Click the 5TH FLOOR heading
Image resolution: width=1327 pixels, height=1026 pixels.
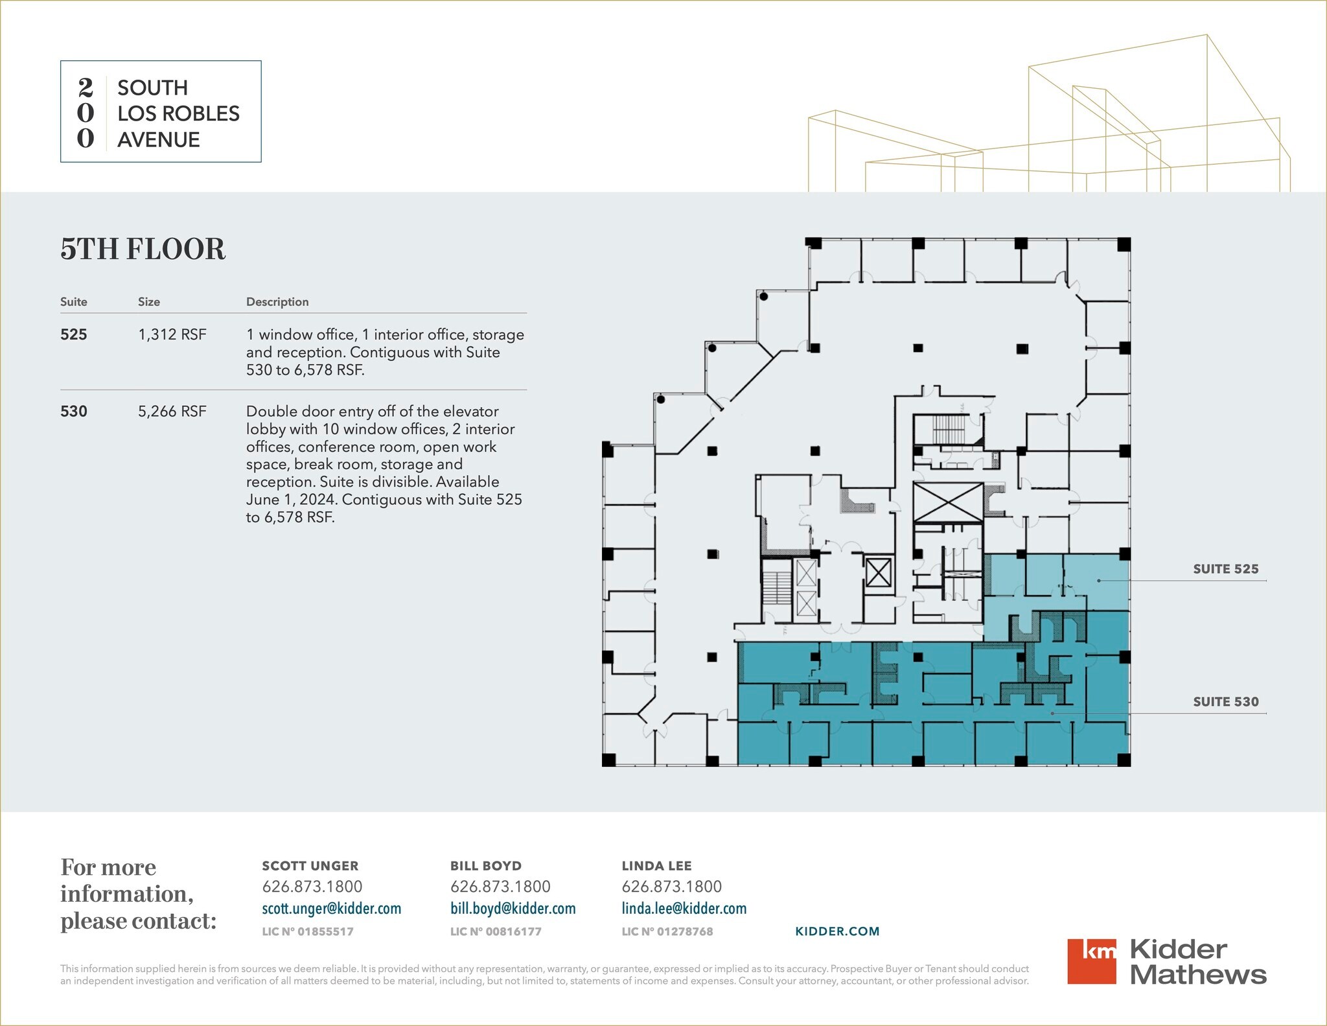coord(143,249)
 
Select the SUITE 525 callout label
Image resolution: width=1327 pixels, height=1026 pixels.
coord(1225,569)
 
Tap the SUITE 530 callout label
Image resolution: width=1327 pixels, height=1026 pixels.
coord(1225,701)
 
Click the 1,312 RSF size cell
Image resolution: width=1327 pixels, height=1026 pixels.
coord(172,334)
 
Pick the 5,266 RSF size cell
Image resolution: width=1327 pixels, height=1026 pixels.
coord(172,411)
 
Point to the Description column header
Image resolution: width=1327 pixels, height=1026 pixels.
coord(277,301)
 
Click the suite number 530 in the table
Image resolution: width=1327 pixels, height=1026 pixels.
coord(73,411)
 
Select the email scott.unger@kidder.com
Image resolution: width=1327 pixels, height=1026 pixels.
coord(331,909)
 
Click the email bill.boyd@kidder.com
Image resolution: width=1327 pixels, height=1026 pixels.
coord(513,909)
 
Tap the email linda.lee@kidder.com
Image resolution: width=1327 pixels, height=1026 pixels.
coord(684,909)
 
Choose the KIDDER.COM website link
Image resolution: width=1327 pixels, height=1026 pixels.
coord(837,931)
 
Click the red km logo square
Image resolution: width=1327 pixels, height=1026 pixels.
coord(1091,961)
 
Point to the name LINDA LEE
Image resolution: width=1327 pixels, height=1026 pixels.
coord(656,866)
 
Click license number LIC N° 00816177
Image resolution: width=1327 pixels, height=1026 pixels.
coord(496,931)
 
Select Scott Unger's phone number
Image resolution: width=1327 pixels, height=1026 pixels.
coord(312,887)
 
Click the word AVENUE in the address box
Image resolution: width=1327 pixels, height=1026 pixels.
coord(158,139)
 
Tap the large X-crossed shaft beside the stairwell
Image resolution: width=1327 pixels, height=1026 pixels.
coord(947,502)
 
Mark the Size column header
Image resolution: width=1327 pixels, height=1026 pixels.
coord(148,301)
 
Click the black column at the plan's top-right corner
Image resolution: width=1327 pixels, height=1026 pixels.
coord(1124,244)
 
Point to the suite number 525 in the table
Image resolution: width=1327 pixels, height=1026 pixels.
coord(73,334)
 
